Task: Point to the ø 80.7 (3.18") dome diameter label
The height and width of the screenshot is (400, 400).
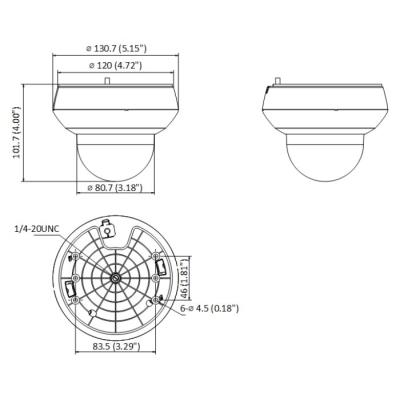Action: (113, 187)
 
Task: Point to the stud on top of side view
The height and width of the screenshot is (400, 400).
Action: (282, 82)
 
